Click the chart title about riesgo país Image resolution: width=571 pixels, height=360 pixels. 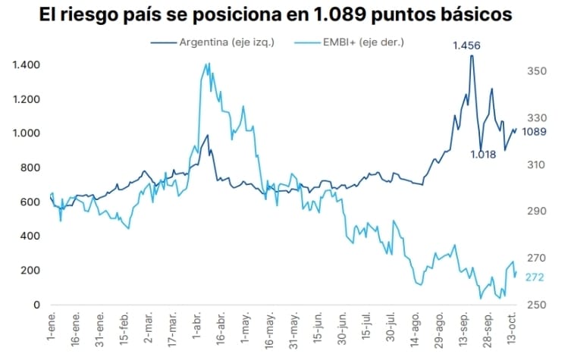point(285,14)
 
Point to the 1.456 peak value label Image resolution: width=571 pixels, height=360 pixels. point(466,46)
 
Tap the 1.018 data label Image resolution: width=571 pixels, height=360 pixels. point(482,155)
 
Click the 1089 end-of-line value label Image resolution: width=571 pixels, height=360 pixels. point(535,131)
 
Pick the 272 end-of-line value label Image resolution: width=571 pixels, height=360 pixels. point(535,277)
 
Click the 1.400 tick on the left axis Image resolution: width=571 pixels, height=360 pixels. point(27,65)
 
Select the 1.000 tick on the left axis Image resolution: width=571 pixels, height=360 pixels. point(27,133)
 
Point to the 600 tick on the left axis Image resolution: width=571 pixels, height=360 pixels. point(31,202)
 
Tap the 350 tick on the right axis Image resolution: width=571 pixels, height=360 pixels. point(536,71)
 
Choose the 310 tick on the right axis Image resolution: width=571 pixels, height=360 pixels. point(536,164)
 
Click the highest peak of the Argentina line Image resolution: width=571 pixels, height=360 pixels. point(471,56)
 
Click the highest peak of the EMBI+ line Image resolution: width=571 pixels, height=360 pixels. point(209,64)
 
